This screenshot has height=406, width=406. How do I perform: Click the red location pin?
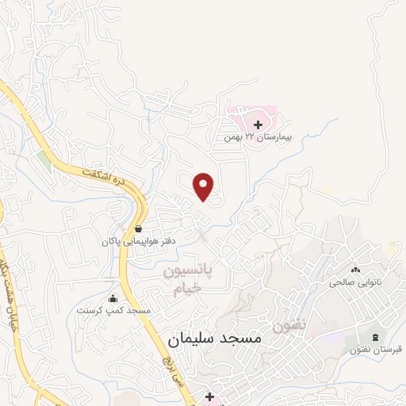[205, 186]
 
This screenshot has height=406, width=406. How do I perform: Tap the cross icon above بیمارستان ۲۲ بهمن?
[259, 124]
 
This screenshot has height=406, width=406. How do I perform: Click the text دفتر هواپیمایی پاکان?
[140, 239]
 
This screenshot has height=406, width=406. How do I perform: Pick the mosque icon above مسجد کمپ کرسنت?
[113, 299]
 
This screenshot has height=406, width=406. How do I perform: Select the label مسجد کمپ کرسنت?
[113, 311]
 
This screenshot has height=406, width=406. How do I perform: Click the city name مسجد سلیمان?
[214, 339]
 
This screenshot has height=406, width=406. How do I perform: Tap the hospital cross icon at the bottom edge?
[209, 396]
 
